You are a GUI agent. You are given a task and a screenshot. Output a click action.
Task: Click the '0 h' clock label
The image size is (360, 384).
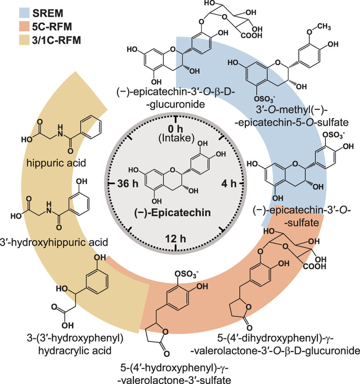pos(177,128)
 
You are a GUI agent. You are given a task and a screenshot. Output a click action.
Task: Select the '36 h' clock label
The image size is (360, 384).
pos(127,181)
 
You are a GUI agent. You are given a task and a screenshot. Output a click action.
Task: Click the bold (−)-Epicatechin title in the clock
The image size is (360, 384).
pos(177,213)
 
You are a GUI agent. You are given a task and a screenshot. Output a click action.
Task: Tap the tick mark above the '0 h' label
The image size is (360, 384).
pos(177,119)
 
